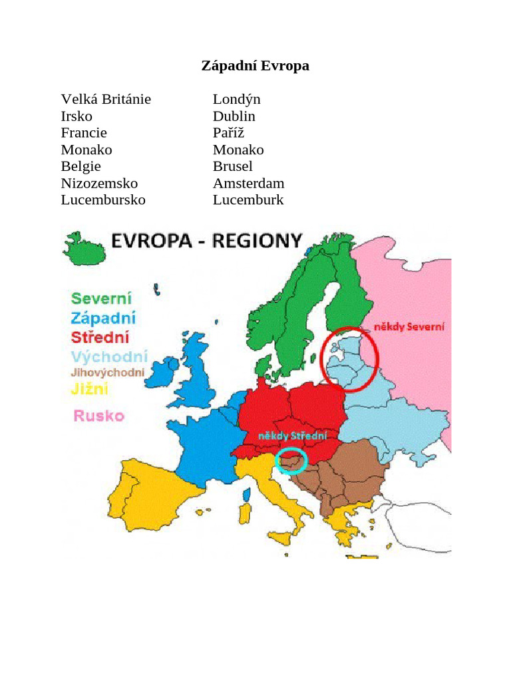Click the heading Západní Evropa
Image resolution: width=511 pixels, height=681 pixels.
click(x=255, y=66)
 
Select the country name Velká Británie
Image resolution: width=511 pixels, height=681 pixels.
click(x=106, y=99)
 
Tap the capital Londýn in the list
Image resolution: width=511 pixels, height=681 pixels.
click(x=236, y=99)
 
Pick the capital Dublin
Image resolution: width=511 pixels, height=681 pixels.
click(x=234, y=116)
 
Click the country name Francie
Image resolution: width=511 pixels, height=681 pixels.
click(x=84, y=133)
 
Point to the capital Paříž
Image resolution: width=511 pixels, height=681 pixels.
click(x=229, y=133)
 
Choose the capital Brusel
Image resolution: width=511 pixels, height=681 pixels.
click(x=233, y=166)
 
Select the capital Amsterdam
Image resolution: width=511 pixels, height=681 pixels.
click(x=248, y=183)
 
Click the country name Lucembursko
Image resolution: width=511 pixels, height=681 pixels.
click(x=103, y=200)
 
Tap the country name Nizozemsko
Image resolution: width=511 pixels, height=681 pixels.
click(x=99, y=183)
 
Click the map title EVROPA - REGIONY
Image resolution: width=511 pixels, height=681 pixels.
click(x=206, y=240)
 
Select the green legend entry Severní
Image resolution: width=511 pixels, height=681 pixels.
click(x=101, y=298)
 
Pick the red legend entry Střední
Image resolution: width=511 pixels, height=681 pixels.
click(x=100, y=337)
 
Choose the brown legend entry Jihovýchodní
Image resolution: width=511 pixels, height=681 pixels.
click(x=107, y=372)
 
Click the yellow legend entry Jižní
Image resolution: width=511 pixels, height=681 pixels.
click(x=89, y=389)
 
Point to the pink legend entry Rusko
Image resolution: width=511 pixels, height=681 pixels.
click(x=98, y=416)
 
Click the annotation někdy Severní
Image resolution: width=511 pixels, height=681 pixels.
click(x=409, y=327)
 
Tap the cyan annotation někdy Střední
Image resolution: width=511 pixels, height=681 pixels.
click(x=293, y=436)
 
